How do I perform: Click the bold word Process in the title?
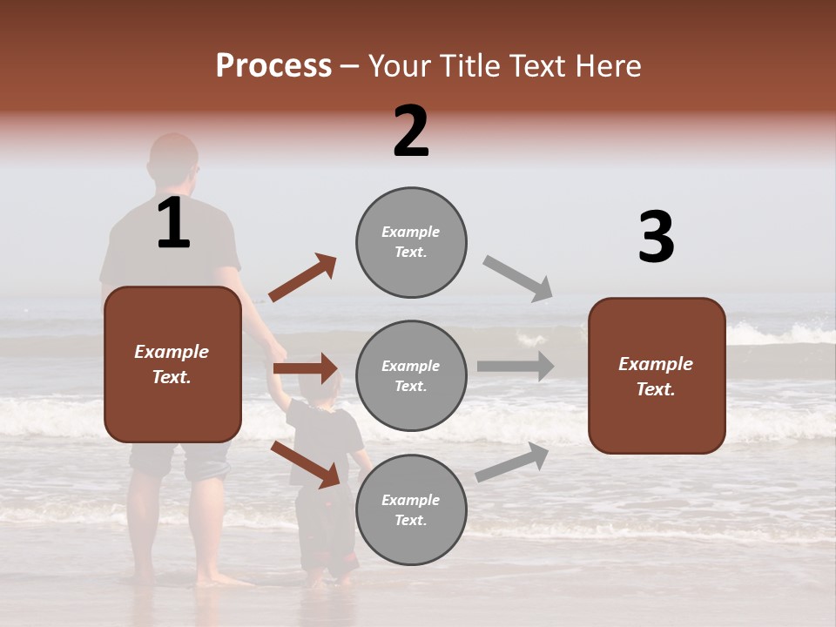tap(273, 66)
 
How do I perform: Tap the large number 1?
tap(173, 224)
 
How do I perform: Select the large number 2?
tap(411, 131)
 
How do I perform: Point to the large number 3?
tap(656, 238)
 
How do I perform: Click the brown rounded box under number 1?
tap(172, 364)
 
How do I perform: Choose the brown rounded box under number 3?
tap(657, 375)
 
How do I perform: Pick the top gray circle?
tap(411, 242)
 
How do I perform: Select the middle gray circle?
tap(411, 375)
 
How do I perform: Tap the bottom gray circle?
tap(411, 509)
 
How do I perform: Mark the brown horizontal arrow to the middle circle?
tap(306, 368)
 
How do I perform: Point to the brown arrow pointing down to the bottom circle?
tap(306, 463)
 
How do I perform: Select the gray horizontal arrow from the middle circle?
tap(516, 367)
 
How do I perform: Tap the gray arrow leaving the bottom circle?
tap(513, 462)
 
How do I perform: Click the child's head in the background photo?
tap(319, 383)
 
